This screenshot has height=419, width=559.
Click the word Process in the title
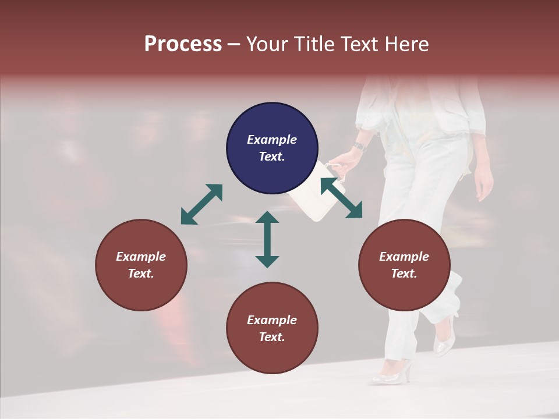pyautogui.click(x=183, y=44)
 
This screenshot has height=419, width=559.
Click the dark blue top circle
pyautogui.click(x=272, y=148)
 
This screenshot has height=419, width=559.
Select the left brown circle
pyautogui.click(x=141, y=265)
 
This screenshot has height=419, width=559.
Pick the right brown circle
pyautogui.click(x=404, y=265)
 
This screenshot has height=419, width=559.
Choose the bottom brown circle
pyautogui.click(x=272, y=328)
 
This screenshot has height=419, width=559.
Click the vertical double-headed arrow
pyautogui.click(x=267, y=239)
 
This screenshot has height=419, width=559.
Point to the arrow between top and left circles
pyautogui.click(x=201, y=204)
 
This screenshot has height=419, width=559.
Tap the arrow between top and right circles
pyautogui.click(x=342, y=198)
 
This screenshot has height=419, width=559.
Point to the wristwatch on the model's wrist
pyautogui.click(x=359, y=145)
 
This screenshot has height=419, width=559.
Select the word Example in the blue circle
pyautogui.click(x=272, y=140)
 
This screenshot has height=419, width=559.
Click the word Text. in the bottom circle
pyautogui.click(x=272, y=337)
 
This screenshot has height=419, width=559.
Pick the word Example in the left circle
pyautogui.click(x=141, y=257)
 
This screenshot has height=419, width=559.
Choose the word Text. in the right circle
pyautogui.click(x=404, y=274)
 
